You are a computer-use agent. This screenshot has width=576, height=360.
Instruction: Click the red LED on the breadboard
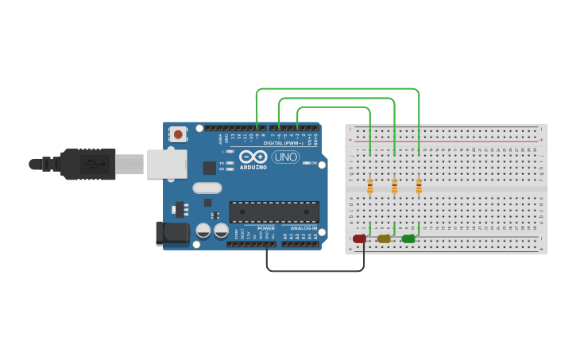(x=359, y=238)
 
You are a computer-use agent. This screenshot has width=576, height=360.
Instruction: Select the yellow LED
(x=384, y=238)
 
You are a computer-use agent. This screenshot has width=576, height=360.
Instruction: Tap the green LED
(x=408, y=238)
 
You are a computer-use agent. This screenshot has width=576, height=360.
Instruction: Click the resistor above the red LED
(x=370, y=186)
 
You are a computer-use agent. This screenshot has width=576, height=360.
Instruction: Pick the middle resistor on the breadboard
(x=394, y=186)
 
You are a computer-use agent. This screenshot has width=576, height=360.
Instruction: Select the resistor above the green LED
(x=419, y=186)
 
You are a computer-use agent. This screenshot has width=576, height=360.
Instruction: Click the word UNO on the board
(x=286, y=157)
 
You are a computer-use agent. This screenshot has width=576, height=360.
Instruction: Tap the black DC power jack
(x=172, y=233)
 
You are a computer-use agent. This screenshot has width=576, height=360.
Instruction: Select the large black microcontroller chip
(x=274, y=212)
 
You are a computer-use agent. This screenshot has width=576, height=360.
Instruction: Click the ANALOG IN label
(x=302, y=228)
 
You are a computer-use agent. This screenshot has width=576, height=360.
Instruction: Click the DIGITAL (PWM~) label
(x=284, y=143)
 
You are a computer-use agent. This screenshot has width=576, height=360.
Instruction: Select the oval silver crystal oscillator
(x=207, y=188)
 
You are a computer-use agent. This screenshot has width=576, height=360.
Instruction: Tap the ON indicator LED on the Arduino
(x=306, y=163)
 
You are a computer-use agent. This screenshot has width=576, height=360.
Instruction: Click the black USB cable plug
(x=87, y=165)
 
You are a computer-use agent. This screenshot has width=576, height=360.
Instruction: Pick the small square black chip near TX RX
(x=209, y=168)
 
